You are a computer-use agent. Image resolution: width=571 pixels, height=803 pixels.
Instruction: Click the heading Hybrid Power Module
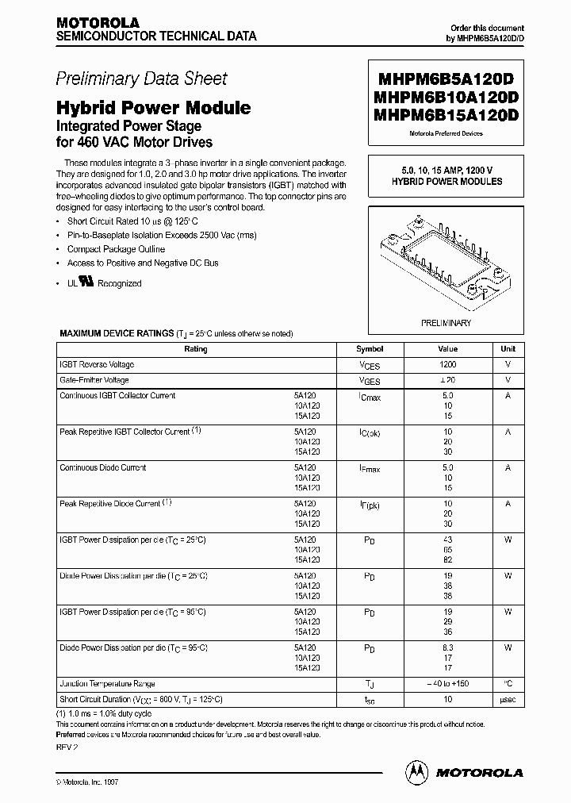(153, 108)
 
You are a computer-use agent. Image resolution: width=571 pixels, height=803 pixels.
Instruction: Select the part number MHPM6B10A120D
(443, 97)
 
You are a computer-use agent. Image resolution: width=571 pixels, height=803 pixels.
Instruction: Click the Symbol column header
(370, 349)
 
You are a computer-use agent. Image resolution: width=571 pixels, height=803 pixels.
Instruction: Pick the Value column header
(448, 349)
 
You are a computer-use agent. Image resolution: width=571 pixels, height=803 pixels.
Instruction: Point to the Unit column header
(508, 349)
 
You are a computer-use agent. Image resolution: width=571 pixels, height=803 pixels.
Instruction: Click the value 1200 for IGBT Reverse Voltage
(448, 364)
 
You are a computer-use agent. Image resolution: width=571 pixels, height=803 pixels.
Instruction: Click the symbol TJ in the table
(370, 684)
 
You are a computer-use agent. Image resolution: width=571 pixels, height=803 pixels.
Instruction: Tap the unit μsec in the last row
(508, 699)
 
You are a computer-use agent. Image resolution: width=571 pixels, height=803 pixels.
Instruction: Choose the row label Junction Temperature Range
(108, 683)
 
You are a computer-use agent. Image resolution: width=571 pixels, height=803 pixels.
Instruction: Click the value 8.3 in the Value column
(448, 648)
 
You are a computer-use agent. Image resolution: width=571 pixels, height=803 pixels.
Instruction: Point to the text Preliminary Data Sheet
(141, 79)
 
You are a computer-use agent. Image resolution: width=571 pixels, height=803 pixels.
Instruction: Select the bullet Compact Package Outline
(116, 249)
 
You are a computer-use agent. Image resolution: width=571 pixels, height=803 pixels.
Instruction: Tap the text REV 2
(67, 747)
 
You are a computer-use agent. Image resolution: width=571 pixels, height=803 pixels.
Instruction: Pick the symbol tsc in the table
(370, 700)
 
